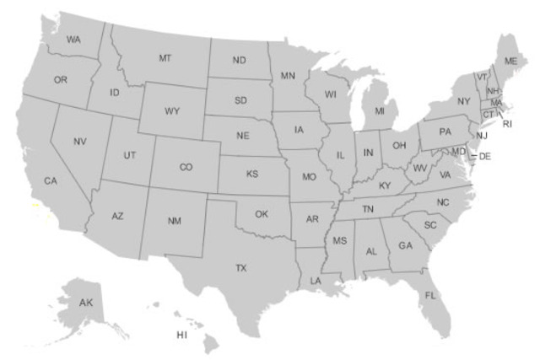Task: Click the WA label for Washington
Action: click(x=73, y=40)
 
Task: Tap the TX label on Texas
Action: click(x=241, y=268)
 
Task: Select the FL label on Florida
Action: click(x=430, y=296)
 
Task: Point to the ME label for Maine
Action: click(x=510, y=62)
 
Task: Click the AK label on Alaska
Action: click(x=86, y=302)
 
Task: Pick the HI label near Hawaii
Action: click(x=181, y=335)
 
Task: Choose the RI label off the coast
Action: click(x=507, y=124)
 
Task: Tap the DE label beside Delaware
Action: click(x=485, y=157)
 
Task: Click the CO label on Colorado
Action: click(x=186, y=167)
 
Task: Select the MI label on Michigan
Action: click(x=380, y=111)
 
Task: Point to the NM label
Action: click(x=175, y=221)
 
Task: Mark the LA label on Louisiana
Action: click(x=316, y=280)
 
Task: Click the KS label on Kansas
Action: click(x=252, y=174)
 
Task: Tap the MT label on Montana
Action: click(x=165, y=58)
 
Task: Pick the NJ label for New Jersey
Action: click(x=482, y=136)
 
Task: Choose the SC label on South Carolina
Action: click(x=430, y=225)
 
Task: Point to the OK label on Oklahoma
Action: click(x=262, y=214)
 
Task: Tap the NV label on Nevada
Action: click(x=80, y=142)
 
